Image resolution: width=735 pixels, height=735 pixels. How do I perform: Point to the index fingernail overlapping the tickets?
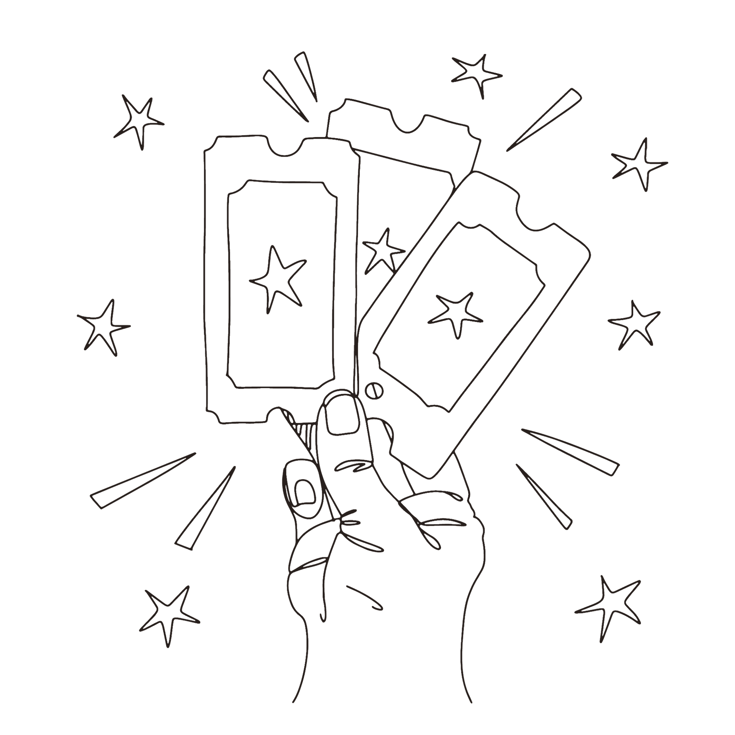click(x=342, y=415)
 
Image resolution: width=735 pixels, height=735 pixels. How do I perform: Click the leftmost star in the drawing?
click(x=103, y=325)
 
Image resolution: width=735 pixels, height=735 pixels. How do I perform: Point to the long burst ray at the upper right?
click(x=544, y=119)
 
